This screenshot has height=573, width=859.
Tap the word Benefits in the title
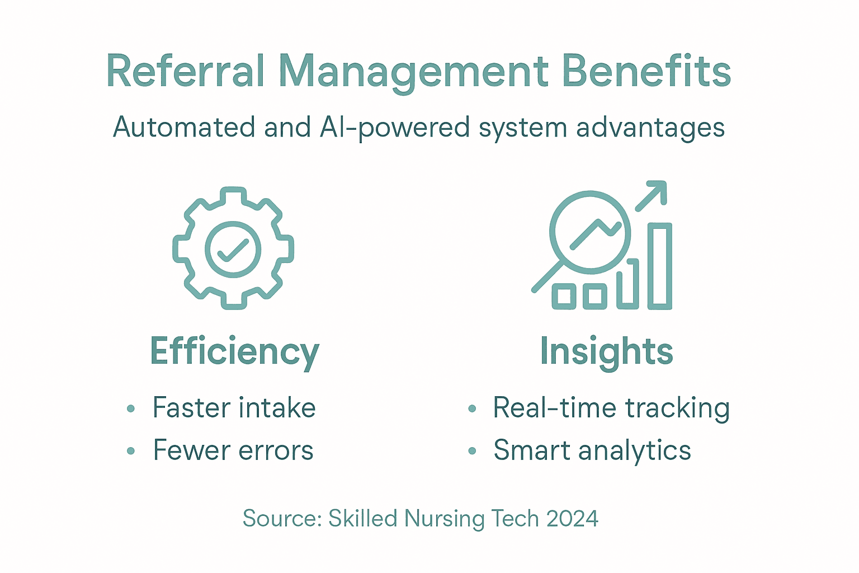[646, 72]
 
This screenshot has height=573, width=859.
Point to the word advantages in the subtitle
[650, 128]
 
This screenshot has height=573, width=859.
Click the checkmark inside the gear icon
[233, 250]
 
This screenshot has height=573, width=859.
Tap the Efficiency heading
[234, 352]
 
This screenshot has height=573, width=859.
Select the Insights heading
[606, 352]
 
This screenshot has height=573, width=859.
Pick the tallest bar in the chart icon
[660, 266]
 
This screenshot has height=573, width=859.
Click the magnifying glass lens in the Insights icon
[590, 232]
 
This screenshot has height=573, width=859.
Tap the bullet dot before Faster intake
[131, 408]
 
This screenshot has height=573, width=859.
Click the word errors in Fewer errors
[276, 450]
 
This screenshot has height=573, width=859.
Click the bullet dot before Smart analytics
[472, 451]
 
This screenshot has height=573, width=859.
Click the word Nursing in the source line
[445, 519]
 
